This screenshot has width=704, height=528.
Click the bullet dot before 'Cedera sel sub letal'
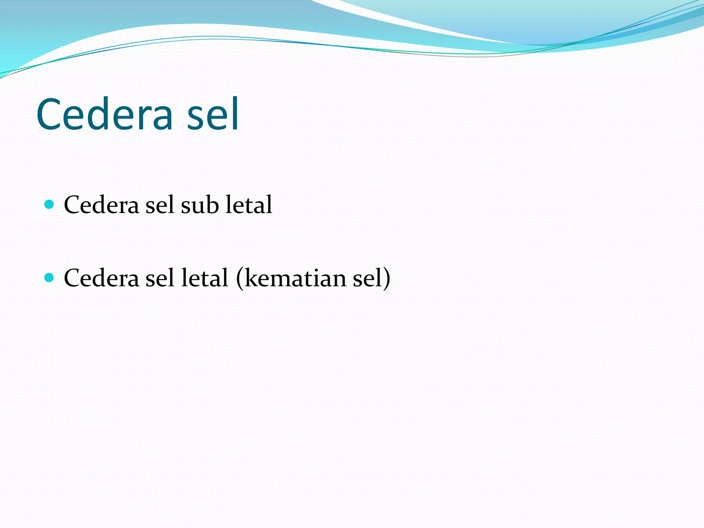pyautogui.click(x=49, y=205)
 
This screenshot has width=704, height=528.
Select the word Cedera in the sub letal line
pyautogui.click(x=101, y=205)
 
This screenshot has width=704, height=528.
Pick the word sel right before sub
pyautogui.click(x=159, y=205)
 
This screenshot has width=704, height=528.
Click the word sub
pyautogui.click(x=200, y=205)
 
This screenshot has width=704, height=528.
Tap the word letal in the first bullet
pyautogui.click(x=249, y=205)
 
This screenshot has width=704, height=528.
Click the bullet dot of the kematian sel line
pyautogui.click(x=49, y=277)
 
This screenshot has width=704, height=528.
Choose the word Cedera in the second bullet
pyautogui.click(x=101, y=278)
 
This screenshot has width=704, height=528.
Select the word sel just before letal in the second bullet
pyautogui.click(x=159, y=278)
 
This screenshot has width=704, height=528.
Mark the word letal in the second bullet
pyautogui.click(x=205, y=278)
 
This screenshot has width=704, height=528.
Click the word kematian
pyautogui.click(x=296, y=278)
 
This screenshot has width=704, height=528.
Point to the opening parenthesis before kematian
pyautogui.click(x=240, y=278)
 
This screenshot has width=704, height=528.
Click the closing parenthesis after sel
pyautogui.click(x=387, y=278)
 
